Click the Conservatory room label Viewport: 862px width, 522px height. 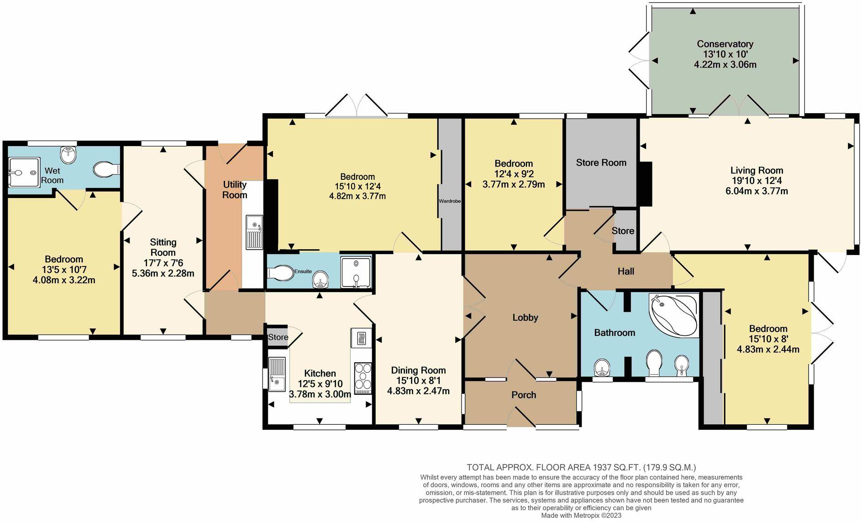pyautogui.click(x=725, y=44)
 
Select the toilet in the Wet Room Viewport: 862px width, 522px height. pyautogui.click(x=106, y=170)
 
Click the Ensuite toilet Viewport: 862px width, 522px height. pyautogui.click(x=281, y=273)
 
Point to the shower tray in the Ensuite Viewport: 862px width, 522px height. pyautogui.click(x=356, y=272)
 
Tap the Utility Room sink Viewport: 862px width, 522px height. pyautogui.click(x=254, y=232)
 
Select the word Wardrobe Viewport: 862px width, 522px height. pyautogui.click(x=450, y=201)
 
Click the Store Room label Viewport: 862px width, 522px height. pyautogui.click(x=601, y=162)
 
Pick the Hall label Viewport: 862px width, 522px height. pyautogui.click(x=626, y=271)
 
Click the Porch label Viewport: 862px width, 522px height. pyautogui.click(x=524, y=395)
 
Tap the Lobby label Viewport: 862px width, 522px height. pyautogui.click(x=525, y=318)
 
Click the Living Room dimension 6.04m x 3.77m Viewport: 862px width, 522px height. pyautogui.click(x=757, y=191)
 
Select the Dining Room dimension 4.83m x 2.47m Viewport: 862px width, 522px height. pyautogui.click(x=418, y=391)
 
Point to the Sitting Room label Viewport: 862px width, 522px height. pyautogui.click(x=163, y=247)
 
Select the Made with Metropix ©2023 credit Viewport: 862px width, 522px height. pyautogui.click(x=581, y=516)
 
